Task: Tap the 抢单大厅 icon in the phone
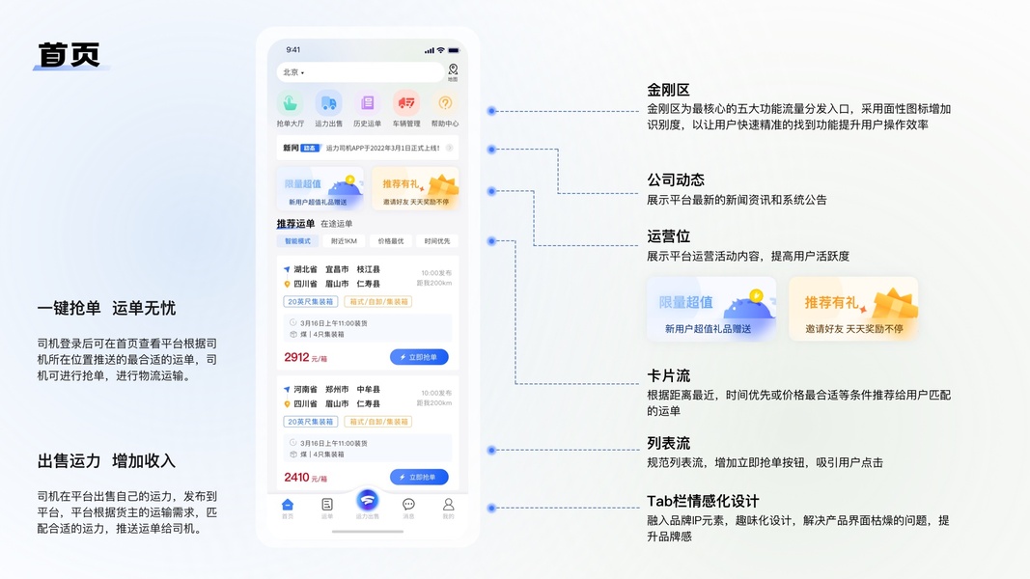click(x=290, y=102)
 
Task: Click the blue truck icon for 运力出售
click(x=328, y=102)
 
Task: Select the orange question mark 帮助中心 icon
click(x=445, y=102)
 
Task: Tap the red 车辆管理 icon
click(x=406, y=102)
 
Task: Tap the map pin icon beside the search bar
click(x=453, y=70)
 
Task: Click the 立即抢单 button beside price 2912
click(x=419, y=357)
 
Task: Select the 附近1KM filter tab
click(x=345, y=241)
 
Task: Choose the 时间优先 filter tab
click(x=437, y=241)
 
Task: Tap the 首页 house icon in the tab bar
click(x=288, y=505)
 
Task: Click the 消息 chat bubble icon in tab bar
click(x=408, y=505)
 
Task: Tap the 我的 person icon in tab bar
click(x=448, y=505)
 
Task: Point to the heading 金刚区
click(x=668, y=90)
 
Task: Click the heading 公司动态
click(x=675, y=180)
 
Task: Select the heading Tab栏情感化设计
click(x=702, y=501)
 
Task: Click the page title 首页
click(x=69, y=54)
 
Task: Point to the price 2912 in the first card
click(x=297, y=357)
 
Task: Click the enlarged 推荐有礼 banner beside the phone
click(x=852, y=309)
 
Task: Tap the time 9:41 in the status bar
click(x=293, y=50)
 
